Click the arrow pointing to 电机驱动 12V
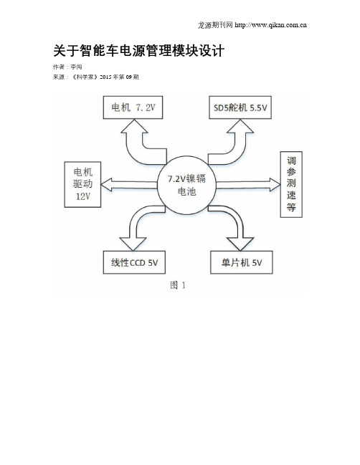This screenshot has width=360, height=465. click(129, 185)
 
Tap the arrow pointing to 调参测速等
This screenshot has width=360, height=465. click(248, 185)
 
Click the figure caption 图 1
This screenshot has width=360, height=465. click(178, 285)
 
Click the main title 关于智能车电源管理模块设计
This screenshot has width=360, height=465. click(138, 51)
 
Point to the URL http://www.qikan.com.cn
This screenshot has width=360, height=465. click(270, 25)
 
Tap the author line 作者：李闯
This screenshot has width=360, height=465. click(67, 67)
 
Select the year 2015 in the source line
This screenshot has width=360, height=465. click(105, 77)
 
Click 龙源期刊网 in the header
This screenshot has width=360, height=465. click(215, 25)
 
